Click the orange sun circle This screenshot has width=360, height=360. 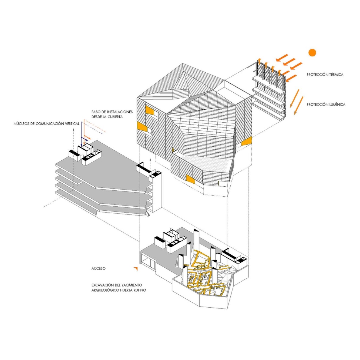pos(312,53)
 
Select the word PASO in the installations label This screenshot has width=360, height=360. pos(96,112)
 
